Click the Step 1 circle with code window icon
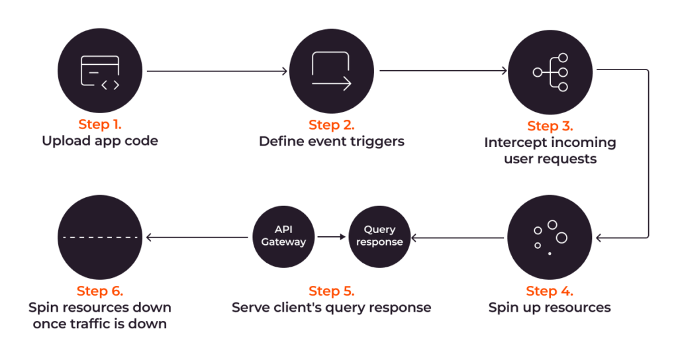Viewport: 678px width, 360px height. pyautogui.click(x=100, y=70)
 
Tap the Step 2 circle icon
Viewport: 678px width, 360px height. pyautogui.click(x=332, y=71)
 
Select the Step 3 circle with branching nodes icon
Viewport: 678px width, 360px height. pyautogui.click(x=550, y=72)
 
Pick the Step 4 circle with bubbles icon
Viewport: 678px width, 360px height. pyautogui.click(x=550, y=238)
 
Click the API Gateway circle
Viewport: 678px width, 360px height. pyautogui.click(x=283, y=236)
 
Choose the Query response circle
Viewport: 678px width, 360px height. pyautogui.click(x=379, y=236)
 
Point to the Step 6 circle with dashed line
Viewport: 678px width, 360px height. pyautogui.click(x=100, y=238)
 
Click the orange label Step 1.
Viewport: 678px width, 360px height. pyautogui.click(x=100, y=124)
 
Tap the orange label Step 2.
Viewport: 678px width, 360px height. pyautogui.click(x=332, y=125)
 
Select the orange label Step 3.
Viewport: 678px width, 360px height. pyautogui.click(x=550, y=126)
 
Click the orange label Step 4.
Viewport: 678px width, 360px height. pyautogui.click(x=550, y=291)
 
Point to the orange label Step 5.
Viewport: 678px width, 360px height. pyautogui.click(x=332, y=291)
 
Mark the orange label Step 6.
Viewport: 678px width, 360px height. pyautogui.click(x=100, y=291)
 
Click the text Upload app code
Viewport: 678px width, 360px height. pyautogui.click(x=100, y=141)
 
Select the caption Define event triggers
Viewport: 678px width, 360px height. pyautogui.click(x=332, y=142)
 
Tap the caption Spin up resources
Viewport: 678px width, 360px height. pyautogui.click(x=550, y=308)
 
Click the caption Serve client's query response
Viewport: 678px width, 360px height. pyautogui.click(x=332, y=308)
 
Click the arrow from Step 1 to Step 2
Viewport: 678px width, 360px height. pyautogui.click(x=217, y=71)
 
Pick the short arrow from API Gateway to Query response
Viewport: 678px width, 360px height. pyautogui.click(x=332, y=237)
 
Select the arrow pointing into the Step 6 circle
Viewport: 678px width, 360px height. pyautogui.click(x=197, y=238)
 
